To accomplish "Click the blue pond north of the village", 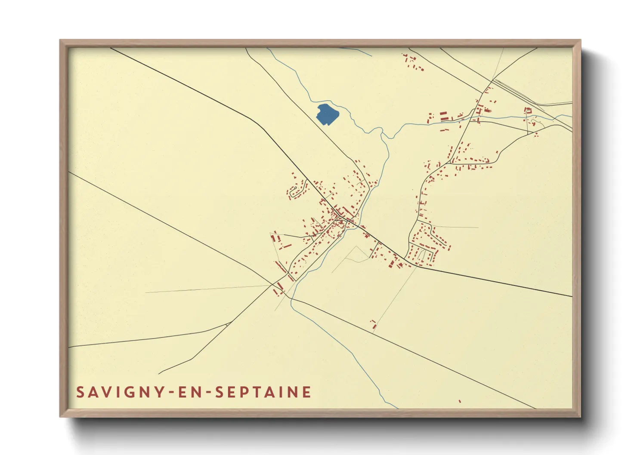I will click(x=327, y=114).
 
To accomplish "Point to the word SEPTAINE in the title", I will click(x=263, y=392).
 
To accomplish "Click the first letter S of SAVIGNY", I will click(x=80, y=392).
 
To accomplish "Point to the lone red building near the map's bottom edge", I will click(x=460, y=401).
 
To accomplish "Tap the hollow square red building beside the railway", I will click(x=528, y=111).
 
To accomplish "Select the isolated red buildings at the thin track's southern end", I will click(x=374, y=325).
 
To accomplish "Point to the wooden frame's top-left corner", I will click(x=61, y=41).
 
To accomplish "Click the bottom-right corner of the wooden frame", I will click(x=580, y=416).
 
